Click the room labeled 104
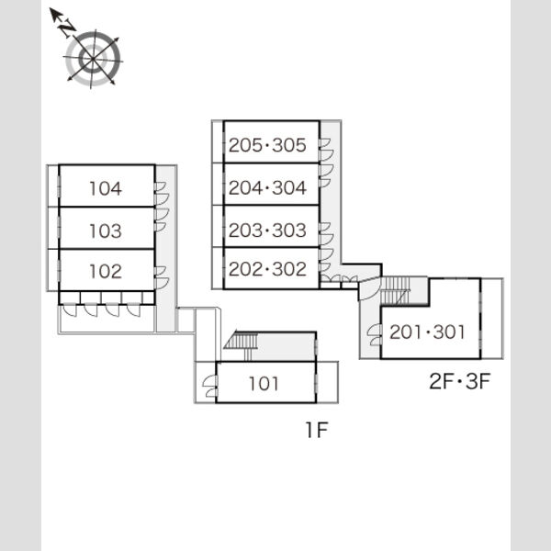[x=107, y=186]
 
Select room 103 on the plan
[x=107, y=228]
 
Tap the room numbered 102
[x=107, y=270]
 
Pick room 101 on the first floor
[x=265, y=382]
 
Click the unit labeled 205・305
[x=271, y=142]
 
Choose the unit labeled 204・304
[x=271, y=185]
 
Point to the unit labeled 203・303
[x=271, y=227]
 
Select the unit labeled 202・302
[x=271, y=268]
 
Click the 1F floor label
[x=317, y=430]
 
